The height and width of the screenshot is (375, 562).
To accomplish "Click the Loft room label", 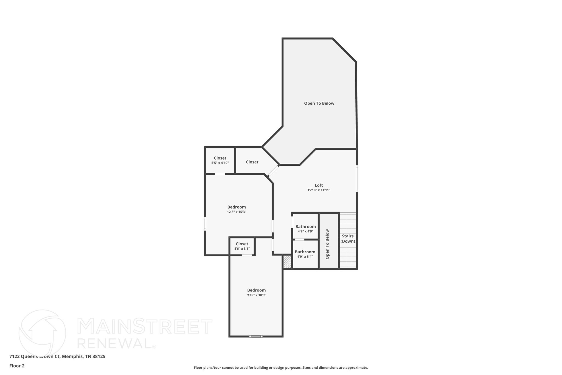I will (319, 185).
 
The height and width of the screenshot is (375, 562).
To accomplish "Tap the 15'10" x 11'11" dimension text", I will (319, 190).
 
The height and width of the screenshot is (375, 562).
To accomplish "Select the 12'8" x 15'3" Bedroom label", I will (237, 207).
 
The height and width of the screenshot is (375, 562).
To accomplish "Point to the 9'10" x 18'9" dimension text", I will (256, 295).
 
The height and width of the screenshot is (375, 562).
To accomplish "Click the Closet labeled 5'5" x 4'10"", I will (220, 158).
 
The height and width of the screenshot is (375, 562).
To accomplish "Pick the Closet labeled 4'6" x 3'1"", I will (242, 244).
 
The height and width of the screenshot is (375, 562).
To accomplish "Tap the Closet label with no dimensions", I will (252, 162).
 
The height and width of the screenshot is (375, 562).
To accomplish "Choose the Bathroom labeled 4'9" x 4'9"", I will (305, 227).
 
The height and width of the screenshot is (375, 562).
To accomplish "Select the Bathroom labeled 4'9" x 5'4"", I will (305, 252).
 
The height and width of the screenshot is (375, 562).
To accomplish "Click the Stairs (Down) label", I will (348, 239).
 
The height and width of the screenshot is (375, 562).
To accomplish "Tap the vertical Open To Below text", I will (327, 244).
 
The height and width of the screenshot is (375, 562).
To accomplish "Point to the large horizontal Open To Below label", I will (319, 103).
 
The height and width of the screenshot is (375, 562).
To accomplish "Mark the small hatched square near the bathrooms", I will (287, 262).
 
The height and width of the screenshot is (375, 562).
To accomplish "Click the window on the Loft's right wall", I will (357, 178).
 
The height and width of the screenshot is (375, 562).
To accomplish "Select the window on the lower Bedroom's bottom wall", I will (256, 336).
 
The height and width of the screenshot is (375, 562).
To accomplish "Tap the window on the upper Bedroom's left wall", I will (205, 224).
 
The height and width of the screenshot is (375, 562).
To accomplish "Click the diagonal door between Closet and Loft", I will (273, 171).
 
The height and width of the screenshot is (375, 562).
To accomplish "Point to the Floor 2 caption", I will (17, 366).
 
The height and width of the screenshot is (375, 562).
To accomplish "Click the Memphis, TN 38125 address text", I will (83, 357).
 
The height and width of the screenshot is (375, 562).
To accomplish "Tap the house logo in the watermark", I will (42, 333).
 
